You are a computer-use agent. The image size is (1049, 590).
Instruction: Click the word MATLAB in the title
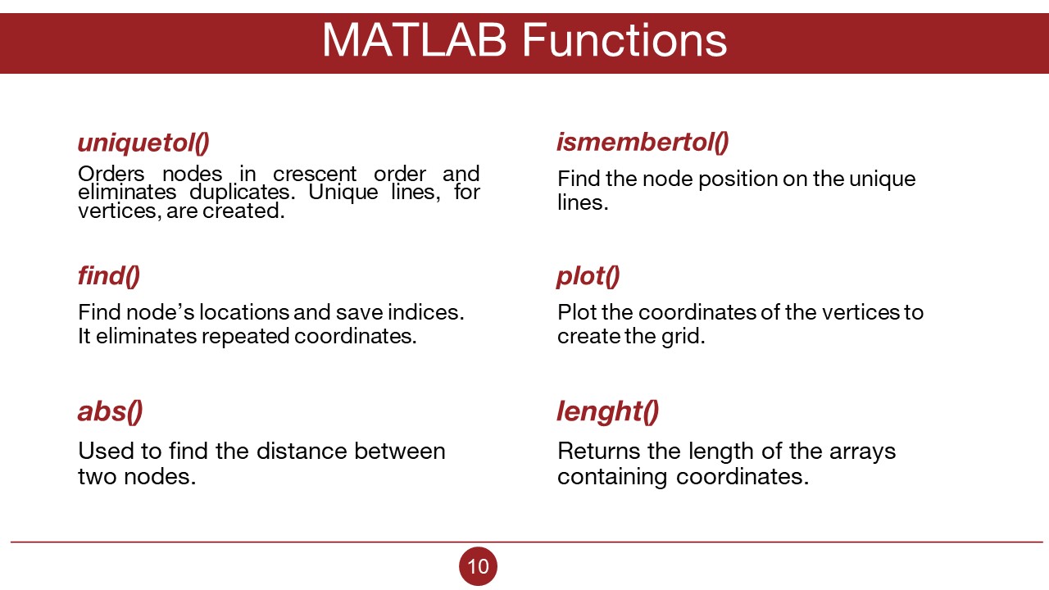[415, 40]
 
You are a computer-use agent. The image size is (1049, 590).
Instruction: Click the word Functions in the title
[624, 40]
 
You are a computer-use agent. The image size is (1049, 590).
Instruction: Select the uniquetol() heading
[143, 143]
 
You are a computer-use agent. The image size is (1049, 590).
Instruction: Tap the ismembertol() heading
[643, 143]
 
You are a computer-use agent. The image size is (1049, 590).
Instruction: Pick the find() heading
[109, 275]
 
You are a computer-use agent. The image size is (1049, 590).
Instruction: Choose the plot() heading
[588, 276]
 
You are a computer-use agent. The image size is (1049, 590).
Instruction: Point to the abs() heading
[110, 412]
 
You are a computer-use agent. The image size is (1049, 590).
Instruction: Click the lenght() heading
[608, 412]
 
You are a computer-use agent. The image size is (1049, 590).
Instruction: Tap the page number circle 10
[478, 566]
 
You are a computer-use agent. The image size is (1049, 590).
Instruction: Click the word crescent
[315, 175]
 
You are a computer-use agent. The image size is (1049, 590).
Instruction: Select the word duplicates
[242, 193]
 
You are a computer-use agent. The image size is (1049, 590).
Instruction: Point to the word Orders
[111, 174]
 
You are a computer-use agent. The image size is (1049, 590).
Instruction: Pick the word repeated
[245, 337]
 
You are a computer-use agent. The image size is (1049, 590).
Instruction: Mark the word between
[399, 451]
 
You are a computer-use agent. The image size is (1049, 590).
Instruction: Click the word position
[737, 179]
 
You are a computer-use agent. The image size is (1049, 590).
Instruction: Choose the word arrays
[862, 452]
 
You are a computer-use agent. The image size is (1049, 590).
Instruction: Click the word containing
[611, 477]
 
